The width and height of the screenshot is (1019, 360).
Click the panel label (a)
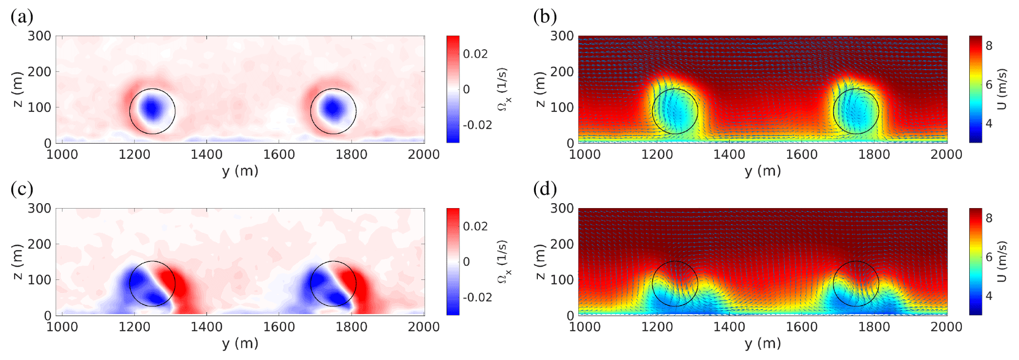(x=22, y=17)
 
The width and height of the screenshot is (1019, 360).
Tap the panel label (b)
(x=545, y=17)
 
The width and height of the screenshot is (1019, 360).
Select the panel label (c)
(x=22, y=189)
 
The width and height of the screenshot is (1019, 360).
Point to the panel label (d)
(x=545, y=189)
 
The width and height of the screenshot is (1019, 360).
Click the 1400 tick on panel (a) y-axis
(x=207, y=154)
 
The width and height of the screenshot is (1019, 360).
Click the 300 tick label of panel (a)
(x=39, y=36)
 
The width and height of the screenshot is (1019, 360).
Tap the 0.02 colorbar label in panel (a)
(x=475, y=54)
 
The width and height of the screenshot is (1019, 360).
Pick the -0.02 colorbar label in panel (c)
(x=477, y=297)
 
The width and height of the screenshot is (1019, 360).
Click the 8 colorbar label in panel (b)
(x=988, y=46)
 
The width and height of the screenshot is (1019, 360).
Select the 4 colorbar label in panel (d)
(x=988, y=296)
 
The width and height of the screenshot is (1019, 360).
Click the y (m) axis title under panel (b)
(x=763, y=171)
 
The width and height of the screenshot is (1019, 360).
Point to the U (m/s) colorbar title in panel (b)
(x=1002, y=89)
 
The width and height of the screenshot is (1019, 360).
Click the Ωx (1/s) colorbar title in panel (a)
(x=504, y=89)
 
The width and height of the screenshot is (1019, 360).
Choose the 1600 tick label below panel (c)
(x=279, y=327)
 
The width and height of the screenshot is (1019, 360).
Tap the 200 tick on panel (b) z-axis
(x=562, y=72)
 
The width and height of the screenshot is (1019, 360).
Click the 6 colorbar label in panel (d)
(x=988, y=257)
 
